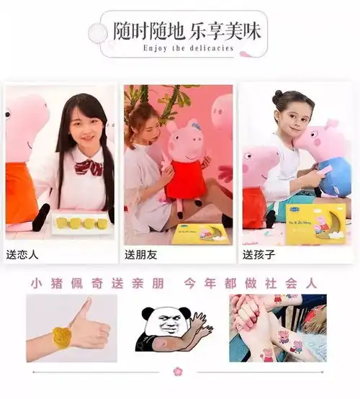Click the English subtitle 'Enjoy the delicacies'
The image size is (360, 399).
pyautogui.click(x=189, y=48)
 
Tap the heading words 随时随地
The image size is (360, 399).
pyautogui.click(x=148, y=32)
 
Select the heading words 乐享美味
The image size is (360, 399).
pyautogui.click(x=226, y=32)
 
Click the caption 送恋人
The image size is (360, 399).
pyautogui.click(x=23, y=254)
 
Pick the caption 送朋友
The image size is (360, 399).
pyautogui.click(x=142, y=254)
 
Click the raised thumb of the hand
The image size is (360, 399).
pyautogui.click(x=83, y=308)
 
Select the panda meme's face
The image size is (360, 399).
pyautogui.click(x=162, y=321)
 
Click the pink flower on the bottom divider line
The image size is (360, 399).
pyautogui.click(x=179, y=371)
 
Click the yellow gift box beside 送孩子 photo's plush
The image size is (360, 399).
pyautogui.click(x=315, y=220)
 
